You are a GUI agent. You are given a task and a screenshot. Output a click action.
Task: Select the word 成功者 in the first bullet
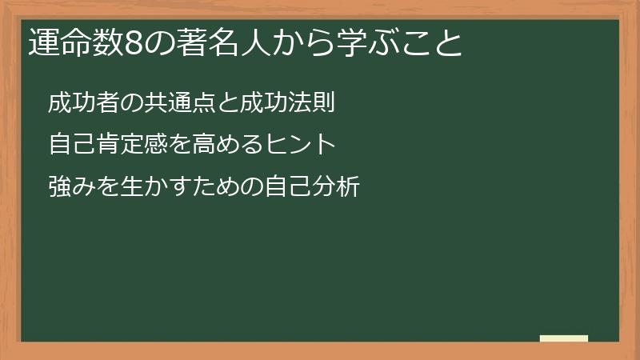(83, 103)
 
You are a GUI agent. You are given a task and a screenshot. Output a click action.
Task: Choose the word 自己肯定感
(107, 146)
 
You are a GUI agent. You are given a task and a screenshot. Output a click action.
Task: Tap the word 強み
(71, 188)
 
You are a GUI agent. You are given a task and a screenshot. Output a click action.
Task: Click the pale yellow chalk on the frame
(564, 338)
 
